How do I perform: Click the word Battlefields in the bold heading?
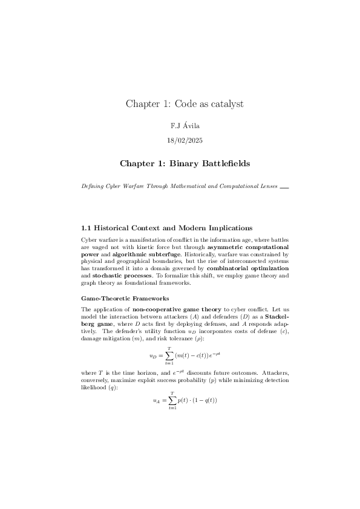click(219, 164)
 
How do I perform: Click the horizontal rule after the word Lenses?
click(284, 187)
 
